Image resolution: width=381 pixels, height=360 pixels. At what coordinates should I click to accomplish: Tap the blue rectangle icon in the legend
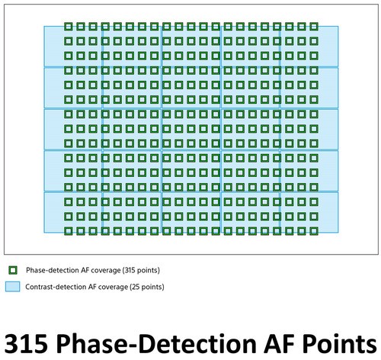tap(12, 287)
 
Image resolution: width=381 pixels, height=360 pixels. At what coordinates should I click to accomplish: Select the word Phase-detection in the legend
tap(53, 270)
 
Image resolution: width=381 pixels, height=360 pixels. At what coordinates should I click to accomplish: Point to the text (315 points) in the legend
tap(141, 270)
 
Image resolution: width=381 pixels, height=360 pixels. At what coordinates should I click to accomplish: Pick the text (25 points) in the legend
tap(147, 287)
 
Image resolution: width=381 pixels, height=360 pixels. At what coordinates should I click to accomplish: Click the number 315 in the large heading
tap(26, 343)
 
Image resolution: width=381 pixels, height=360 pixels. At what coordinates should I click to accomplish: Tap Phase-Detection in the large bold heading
tap(156, 343)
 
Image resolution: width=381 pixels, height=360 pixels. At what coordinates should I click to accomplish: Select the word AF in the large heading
tap(279, 343)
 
